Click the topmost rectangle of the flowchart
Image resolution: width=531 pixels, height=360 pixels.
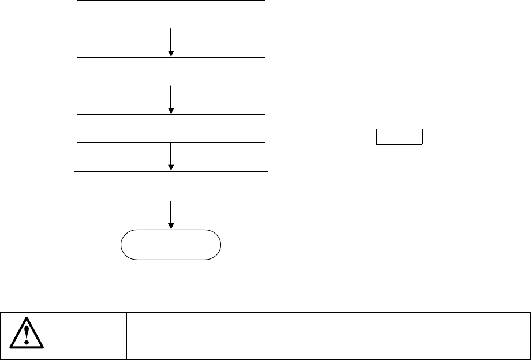(171, 14)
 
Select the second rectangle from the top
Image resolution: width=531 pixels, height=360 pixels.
(171, 71)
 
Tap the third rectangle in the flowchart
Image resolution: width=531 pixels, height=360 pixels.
(171, 128)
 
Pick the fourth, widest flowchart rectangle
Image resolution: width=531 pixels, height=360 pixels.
(171, 185)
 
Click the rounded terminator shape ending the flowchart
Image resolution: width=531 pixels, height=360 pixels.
(171, 245)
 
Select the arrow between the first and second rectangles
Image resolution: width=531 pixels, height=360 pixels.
(171, 42)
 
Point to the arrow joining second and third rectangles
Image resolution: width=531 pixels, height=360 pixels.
(171, 99)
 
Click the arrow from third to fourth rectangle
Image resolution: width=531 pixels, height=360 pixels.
(171, 156)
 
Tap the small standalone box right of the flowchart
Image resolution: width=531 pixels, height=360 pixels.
(400, 137)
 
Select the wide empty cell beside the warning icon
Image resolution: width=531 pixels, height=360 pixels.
(328, 336)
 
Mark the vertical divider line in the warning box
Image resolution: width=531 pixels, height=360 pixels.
(126, 336)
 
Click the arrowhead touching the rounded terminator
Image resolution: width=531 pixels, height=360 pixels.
(171, 226)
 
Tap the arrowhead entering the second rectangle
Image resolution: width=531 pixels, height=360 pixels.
(171, 53)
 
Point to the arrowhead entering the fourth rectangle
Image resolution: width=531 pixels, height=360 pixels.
(171, 167)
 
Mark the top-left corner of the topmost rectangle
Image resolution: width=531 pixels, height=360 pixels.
(78, 1)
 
